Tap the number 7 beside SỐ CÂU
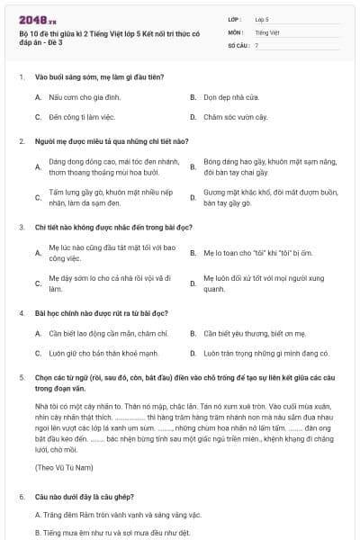click(x=256, y=45)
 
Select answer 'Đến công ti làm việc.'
click(x=85, y=117)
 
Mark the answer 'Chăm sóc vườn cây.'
click(x=236, y=117)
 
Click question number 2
click(x=22, y=141)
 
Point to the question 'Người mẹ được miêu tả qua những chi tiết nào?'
click(x=111, y=141)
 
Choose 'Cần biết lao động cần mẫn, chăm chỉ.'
click(x=103, y=333)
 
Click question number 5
click(x=22, y=378)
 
